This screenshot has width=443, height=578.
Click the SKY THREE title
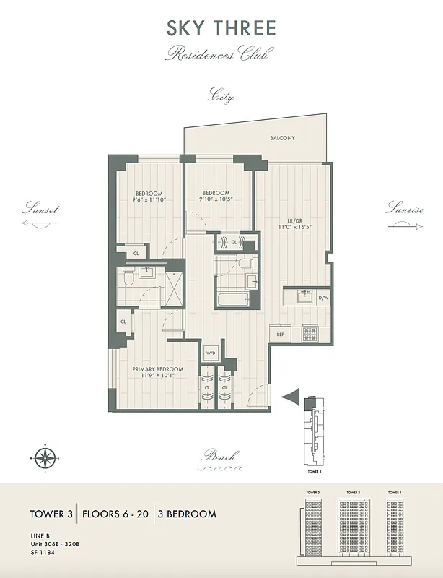click(x=221, y=28)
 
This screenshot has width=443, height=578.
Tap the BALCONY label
click(x=282, y=138)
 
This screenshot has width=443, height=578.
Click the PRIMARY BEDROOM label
click(x=157, y=369)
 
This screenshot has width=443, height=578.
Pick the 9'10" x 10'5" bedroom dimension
click(x=216, y=200)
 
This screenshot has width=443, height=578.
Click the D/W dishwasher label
click(x=323, y=297)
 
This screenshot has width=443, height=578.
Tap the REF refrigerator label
click(x=279, y=335)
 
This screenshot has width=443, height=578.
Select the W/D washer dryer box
click(x=211, y=353)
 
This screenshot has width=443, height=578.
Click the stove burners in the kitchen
click(x=311, y=334)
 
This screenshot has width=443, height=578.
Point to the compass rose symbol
click(x=45, y=457)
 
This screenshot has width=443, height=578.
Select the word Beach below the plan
click(x=220, y=456)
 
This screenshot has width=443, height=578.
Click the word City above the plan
click(x=221, y=96)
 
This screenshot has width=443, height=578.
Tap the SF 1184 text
click(x=42, y=554)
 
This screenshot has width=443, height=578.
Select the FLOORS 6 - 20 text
click(x=115, y=514)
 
